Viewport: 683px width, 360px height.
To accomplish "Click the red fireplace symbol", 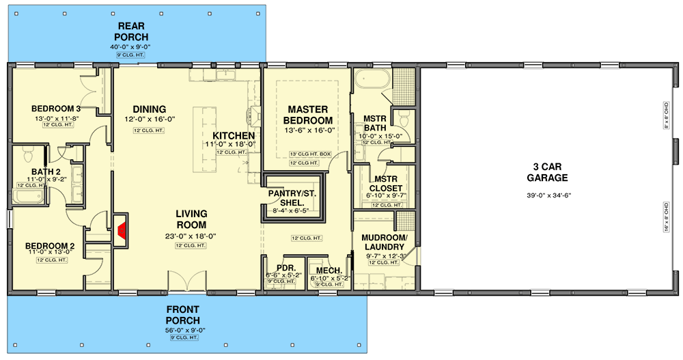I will [122, 229].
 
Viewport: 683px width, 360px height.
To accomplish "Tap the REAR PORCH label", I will [131, 31].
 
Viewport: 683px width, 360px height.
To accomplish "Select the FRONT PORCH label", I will [183, 315].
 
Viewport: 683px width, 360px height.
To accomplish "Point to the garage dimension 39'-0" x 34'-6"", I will [548, 195].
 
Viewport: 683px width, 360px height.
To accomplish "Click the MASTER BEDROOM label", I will [308, 115].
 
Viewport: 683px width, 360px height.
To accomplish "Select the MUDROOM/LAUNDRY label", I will [385, 242].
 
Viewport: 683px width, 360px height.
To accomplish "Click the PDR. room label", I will [283, 268].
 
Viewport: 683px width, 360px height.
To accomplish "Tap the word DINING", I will [149, 109].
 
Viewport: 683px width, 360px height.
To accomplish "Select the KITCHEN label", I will [233, 135].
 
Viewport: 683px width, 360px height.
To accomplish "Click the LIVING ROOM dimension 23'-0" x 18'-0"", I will [190, 236].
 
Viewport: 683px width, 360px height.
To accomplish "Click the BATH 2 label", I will [46, 171].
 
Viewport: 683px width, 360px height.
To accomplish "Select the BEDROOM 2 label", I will [50, 246].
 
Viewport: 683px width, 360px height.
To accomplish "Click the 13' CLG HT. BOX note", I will [310, 154].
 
